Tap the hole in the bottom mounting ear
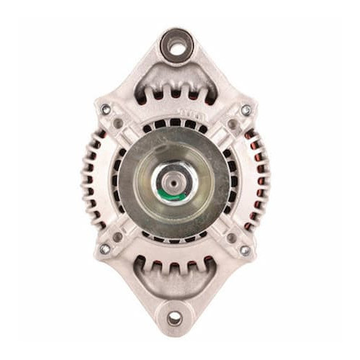[x=175, y=318]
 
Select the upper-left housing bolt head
[x=106, y=109]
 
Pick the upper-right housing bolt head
[x=246, y=110]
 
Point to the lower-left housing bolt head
[x=105, y=248]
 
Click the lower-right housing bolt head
[x=245, y=250]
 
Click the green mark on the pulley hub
[x=185, y=193]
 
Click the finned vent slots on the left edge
[x=91, y=180]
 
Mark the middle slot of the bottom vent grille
[x=175, y=268]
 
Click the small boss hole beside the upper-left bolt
[x=119, y=123]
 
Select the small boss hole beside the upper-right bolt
[x=232, y=124]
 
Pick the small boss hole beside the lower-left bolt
[x=118, y=236]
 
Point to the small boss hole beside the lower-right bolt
[x=231, y=237]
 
